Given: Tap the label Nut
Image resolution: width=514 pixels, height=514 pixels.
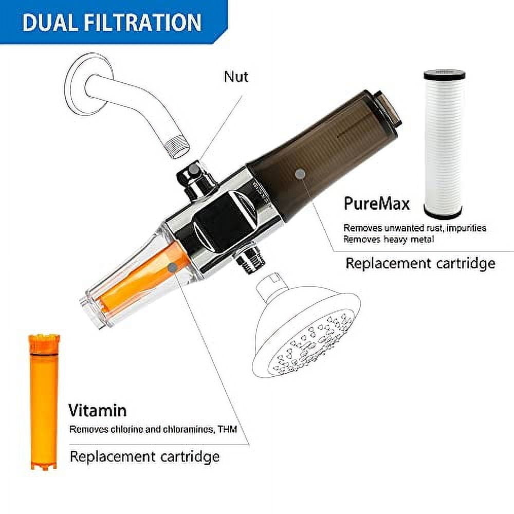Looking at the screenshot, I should (x=236, y=77).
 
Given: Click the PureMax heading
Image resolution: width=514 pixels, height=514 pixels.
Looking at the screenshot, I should (x=377, y=204).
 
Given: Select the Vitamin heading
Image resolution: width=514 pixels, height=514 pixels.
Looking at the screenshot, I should (x=98, y=410).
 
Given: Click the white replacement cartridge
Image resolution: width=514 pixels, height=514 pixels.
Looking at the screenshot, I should (x=444, y=144).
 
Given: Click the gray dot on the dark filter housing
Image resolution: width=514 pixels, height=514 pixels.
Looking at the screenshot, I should (x=300, y=174).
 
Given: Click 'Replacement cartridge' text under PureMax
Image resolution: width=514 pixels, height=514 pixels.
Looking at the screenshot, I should (x=420, y=264).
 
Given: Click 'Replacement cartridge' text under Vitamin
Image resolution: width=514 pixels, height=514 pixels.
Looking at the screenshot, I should (x=144, y=456).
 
